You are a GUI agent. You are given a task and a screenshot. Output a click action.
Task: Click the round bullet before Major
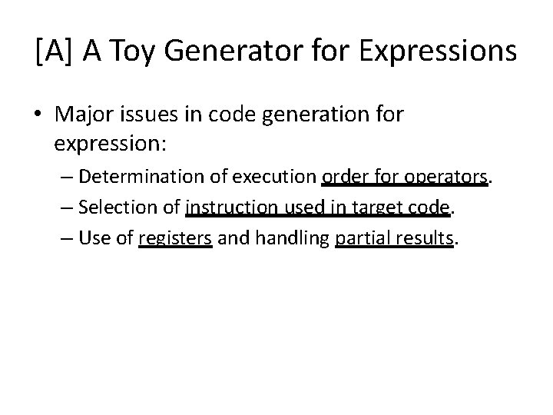pos(41,115)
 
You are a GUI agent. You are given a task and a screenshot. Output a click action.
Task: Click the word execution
pos(270,178)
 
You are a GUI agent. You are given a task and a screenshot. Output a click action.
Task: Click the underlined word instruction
pos(227,208)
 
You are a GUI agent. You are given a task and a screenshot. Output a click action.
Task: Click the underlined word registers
pos(175,239)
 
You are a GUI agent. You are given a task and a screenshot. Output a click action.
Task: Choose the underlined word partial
pos(360,239)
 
